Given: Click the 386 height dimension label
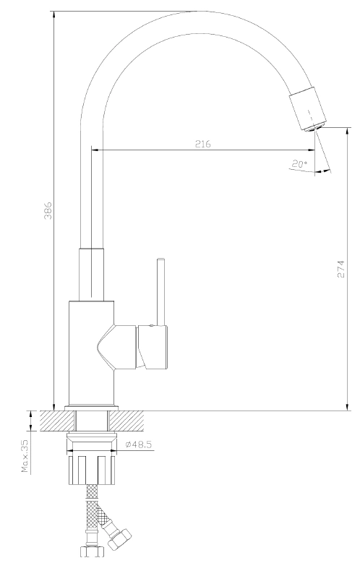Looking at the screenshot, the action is coord(48,211).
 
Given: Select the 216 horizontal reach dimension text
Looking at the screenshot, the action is coord(203,144).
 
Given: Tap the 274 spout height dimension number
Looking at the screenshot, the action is coord(340,269).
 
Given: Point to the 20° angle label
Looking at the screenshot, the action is coord(299,165).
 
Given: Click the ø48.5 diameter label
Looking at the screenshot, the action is coord(139,444).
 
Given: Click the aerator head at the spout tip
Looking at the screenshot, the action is coord(308,109).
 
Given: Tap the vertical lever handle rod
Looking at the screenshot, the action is coord(160,291).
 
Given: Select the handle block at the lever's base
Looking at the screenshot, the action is coord(153,347).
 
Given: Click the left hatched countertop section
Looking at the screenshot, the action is coord(58,421).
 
